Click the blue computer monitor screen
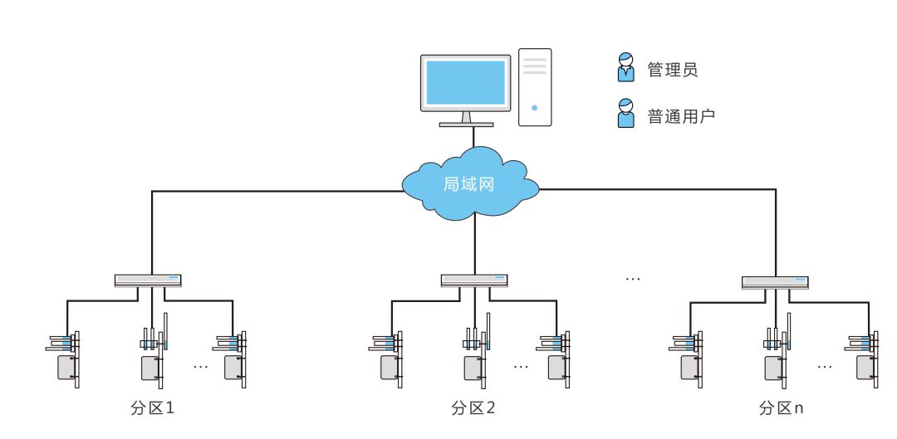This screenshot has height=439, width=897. click(465, 82)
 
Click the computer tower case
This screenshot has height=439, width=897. click(535, 87)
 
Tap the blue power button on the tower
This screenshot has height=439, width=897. click(535, 108)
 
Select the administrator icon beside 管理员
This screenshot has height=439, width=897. click(625, 68)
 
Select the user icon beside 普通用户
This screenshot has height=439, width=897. click(625, 114)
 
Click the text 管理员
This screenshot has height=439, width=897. click(672, 70)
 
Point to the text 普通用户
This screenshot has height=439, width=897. click(681, 116)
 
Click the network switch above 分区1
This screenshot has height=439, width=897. click(148, 280)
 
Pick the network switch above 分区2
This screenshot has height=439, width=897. click(474, 280)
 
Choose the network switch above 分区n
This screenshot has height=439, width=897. click(775, 282)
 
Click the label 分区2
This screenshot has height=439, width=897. click(473, 408)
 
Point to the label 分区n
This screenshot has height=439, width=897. click(781, 408)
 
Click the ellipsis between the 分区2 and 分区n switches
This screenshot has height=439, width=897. click(633, 279)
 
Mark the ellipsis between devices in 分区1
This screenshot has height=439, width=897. click(200, 365)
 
